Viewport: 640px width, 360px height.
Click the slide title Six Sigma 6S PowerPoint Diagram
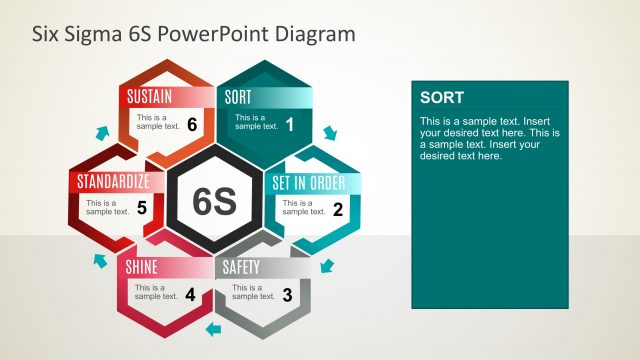point(194,34)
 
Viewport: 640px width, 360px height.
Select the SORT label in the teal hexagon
point(239,97)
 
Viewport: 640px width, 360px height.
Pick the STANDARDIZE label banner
point(114,182)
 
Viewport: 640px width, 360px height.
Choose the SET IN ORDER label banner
point(309,183)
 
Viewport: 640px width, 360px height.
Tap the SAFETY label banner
point(241,267)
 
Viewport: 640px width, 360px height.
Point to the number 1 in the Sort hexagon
point(290,125)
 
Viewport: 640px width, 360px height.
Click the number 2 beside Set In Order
point(338,210)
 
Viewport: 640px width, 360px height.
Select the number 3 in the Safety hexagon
point(287,295)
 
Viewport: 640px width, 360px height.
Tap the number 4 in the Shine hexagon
point(190,295)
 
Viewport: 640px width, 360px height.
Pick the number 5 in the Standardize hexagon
point(142,209)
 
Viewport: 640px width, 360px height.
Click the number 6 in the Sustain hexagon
point(191,125)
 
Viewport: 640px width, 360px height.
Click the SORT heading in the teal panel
point(441,97)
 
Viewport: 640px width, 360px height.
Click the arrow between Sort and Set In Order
point(331,132)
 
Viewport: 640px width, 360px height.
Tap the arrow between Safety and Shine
point(212,329)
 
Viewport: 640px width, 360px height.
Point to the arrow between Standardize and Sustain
point(100,132)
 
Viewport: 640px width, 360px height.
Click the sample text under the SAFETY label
point(253,292)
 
